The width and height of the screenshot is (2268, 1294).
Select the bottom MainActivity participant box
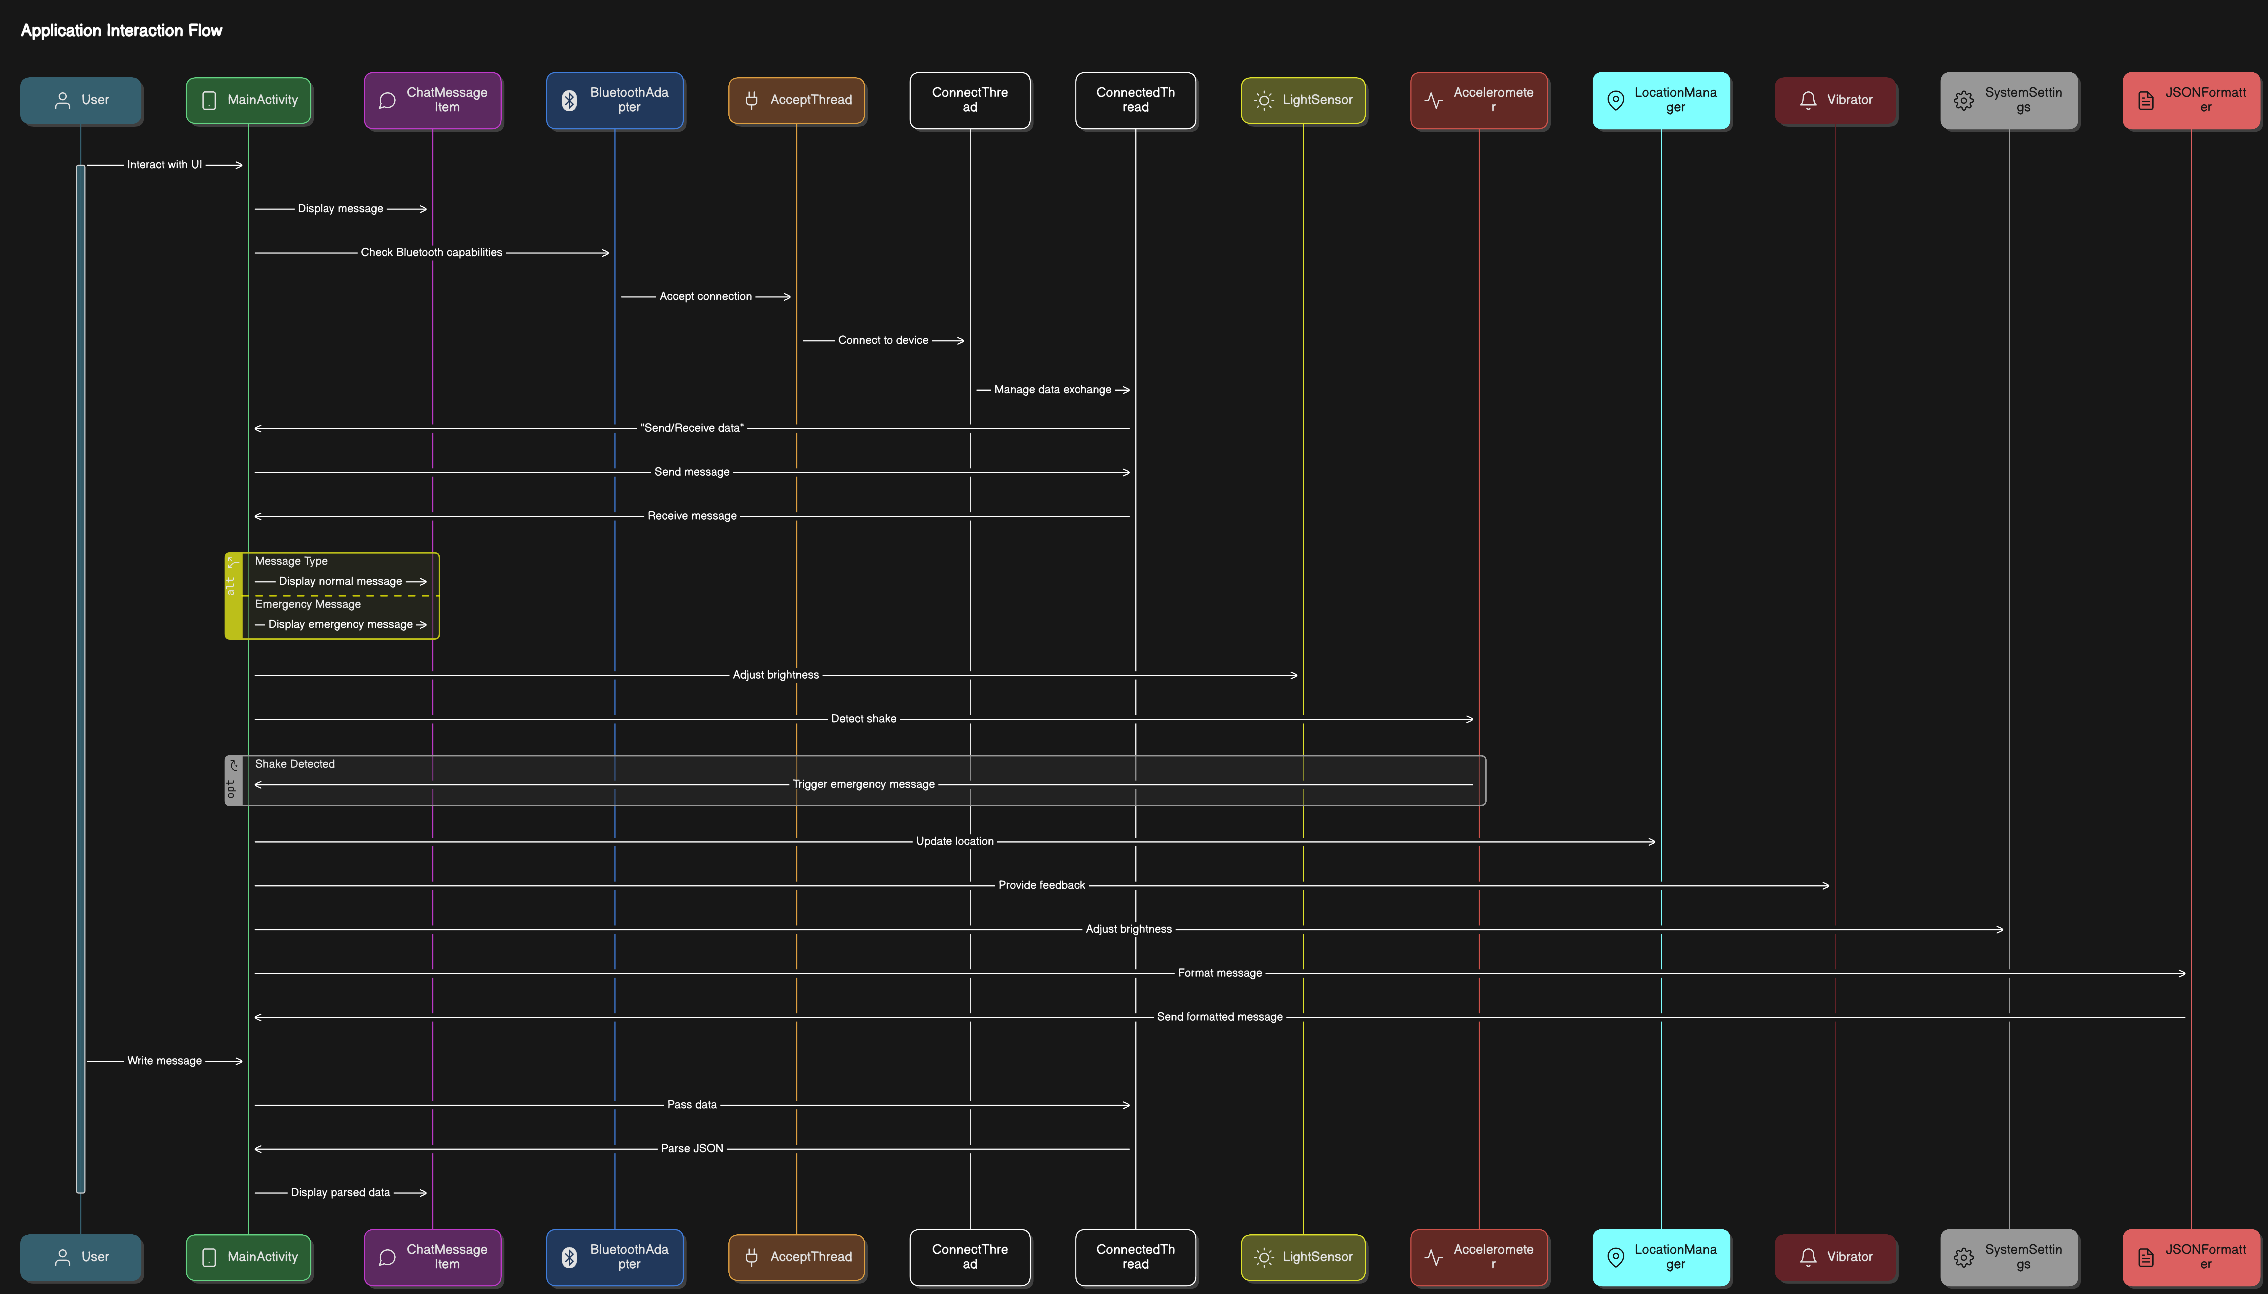point(248,1257)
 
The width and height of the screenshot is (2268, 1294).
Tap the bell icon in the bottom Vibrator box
point(1808,1257)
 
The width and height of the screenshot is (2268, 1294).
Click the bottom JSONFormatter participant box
point(2191,1257)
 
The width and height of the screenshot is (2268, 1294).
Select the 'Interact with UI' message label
point(164,165)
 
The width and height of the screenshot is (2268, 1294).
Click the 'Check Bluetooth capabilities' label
point(431,252)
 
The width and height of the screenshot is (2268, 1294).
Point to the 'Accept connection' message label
point(706,296)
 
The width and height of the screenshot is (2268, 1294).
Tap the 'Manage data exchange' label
point(1052,389)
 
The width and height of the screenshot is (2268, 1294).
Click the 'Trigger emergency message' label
point(863,784)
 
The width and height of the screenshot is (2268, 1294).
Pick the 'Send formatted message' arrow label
point(1219,1017)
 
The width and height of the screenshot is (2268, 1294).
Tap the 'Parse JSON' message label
point(691,1148)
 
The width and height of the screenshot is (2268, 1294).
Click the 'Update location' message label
point(955,841)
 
